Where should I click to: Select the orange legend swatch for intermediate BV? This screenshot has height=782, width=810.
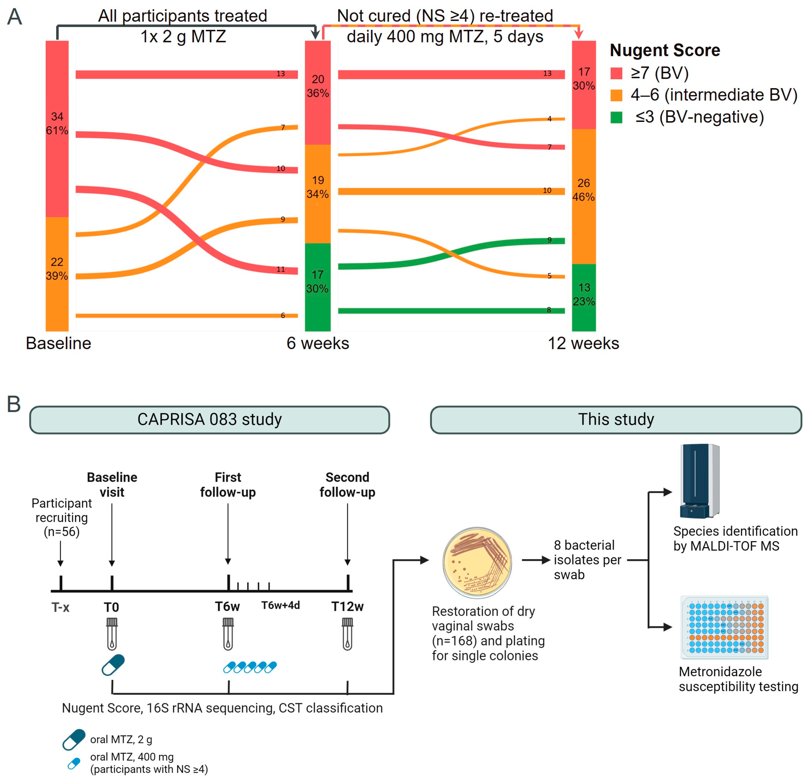616,96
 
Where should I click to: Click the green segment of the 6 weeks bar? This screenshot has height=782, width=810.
317,287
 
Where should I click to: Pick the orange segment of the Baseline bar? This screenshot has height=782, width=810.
57,274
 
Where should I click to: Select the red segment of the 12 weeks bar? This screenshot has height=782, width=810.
583,85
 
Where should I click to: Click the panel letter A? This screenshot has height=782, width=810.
14,17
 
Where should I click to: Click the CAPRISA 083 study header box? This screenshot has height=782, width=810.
210,420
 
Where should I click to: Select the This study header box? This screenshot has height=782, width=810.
616,420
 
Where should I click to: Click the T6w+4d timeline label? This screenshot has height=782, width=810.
281,605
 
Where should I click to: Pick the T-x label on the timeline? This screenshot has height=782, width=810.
60,607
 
